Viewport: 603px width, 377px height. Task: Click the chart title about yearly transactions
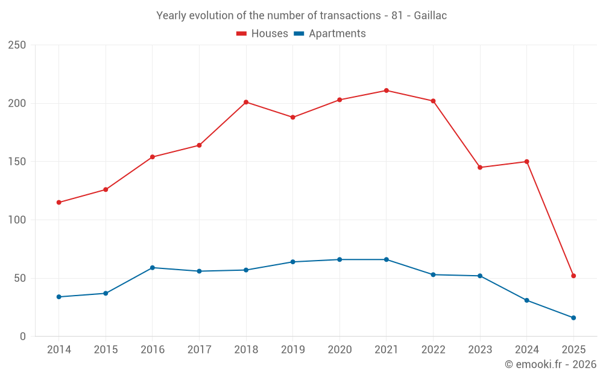pos(301,16)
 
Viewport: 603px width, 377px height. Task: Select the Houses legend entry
pos(262,34)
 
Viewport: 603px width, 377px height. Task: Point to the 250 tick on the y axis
pos(17,45)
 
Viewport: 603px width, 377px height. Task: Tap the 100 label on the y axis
pos(17,220)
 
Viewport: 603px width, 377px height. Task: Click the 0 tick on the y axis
pos(22,337)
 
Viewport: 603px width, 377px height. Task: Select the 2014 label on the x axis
pos(58,350)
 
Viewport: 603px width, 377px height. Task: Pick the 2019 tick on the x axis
pos(292,350)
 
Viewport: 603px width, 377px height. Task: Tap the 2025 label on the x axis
pos(573,350)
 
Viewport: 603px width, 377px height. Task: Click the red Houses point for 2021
pos(387,90)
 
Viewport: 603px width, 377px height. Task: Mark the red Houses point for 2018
pos(246,102)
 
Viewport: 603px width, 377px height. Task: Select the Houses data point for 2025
pos(573,276)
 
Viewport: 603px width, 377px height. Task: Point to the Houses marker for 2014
pos(58,202)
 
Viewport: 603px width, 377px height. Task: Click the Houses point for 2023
pos(480,167)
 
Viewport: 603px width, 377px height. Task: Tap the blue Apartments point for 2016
pos(153,267)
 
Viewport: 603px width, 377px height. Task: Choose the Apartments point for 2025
pos(573,318)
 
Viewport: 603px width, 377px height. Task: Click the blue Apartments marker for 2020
pos(339,259)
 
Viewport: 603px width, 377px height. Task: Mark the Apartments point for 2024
pos(526,300)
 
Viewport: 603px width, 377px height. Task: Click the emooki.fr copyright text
pos(550,364)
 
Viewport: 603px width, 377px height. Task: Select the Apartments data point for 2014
pos(58,297)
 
